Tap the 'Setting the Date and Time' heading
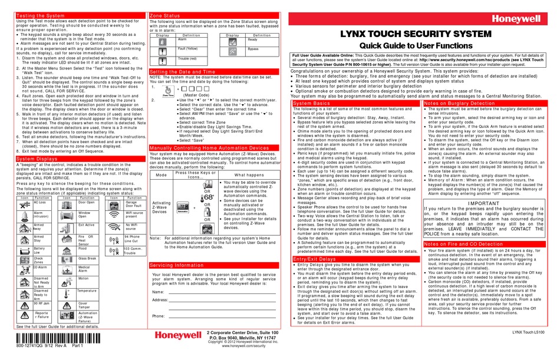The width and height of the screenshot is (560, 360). click(x=183, y=71)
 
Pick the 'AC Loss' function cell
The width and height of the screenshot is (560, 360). click(x=41, y=202)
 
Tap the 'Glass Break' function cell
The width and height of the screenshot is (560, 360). click(x=87, y=258)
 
